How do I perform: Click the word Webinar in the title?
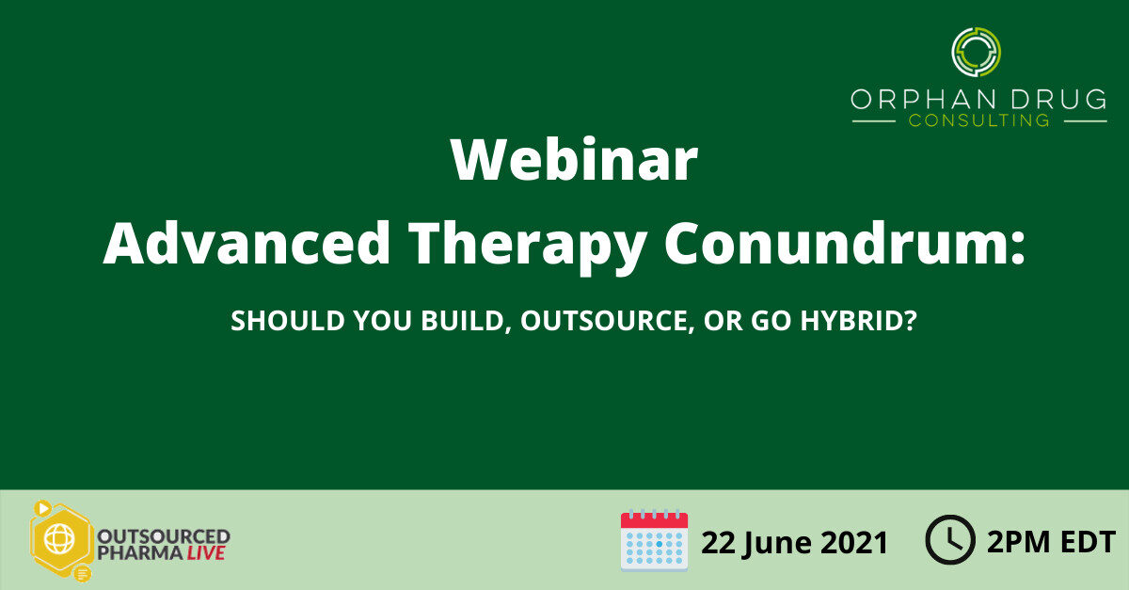(574, 162)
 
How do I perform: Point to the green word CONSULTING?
(978, 120)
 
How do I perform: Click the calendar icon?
(654, 540)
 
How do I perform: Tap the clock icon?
(949, 541)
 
